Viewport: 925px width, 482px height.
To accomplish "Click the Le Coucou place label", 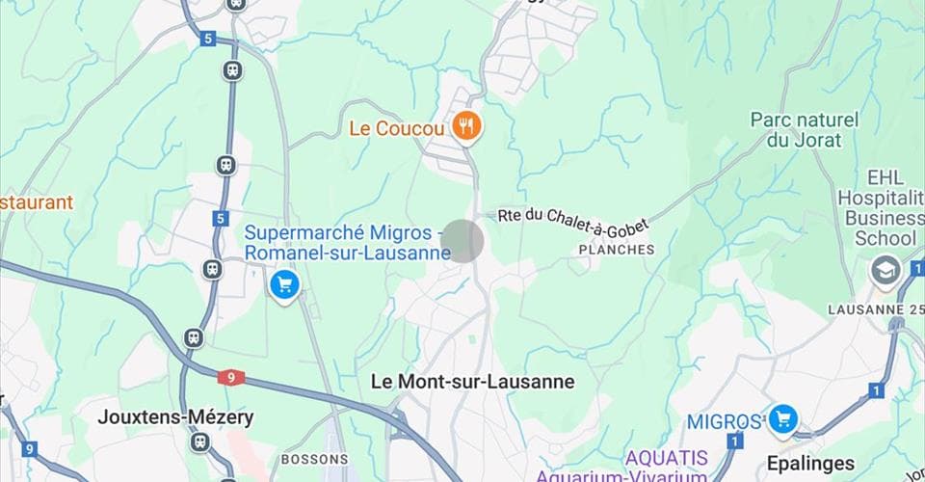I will point(396,127).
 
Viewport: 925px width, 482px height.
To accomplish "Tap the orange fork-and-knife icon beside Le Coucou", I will point(466,125).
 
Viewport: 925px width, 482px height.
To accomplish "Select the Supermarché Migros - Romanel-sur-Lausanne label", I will point(348,243).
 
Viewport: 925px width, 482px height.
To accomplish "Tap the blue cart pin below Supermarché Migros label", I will point(283,284).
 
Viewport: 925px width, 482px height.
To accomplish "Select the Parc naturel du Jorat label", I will point(805,130).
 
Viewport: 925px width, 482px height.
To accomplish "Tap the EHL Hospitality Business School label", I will point(880,207).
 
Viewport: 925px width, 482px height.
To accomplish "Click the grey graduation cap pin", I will point(885,271).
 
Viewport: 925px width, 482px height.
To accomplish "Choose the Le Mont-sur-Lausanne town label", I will point(472,382).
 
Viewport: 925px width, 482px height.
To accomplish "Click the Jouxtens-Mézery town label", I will point(176,417).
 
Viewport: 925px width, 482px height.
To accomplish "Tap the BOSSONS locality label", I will point(313,459).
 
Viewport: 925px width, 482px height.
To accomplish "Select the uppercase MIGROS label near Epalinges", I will point(724,421).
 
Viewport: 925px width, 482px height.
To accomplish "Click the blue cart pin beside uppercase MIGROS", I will point(782,418).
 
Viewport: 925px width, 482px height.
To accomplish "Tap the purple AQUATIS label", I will point(665,457).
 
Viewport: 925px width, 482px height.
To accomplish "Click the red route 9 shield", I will point(229,377).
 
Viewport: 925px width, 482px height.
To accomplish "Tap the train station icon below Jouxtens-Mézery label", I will point(199,442).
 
